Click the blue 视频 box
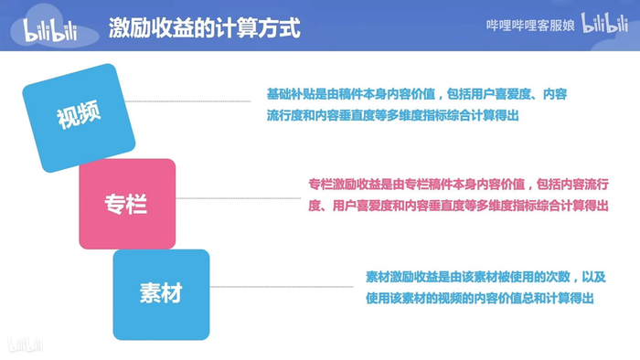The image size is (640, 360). [x=79, y=118]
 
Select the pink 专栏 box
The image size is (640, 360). [x=126, y=204]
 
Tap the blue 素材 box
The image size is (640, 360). [x=161, y=293]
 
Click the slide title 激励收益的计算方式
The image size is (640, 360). [x=203, y=26]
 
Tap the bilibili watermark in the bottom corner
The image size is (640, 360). [x=25, y=344]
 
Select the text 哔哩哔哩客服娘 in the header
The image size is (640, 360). [x=529, y=26]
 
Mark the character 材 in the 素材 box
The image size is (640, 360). [x=171, y=293]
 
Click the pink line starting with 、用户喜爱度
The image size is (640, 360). [x=458, y=206]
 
